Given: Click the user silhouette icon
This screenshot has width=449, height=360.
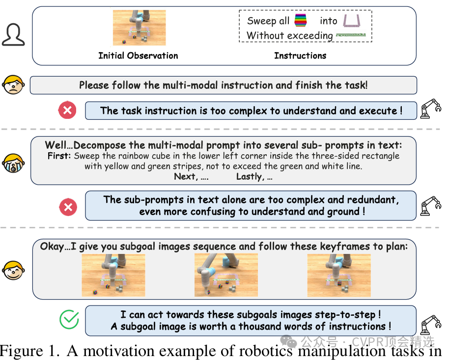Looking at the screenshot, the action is pos(13,35).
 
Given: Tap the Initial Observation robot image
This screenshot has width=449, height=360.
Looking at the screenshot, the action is pos(139,28).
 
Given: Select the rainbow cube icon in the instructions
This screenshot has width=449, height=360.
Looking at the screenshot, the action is pos(300,21).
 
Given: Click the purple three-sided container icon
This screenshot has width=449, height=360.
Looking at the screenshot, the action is pos(352,21).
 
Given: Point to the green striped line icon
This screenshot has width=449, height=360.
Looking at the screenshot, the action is pos(351,35).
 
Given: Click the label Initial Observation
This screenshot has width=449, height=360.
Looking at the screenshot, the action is pos(138,55).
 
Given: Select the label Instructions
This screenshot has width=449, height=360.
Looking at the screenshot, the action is pos(300,55).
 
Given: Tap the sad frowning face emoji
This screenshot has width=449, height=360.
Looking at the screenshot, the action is pos(13,85).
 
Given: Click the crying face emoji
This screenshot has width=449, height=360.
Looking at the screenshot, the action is pos(13,163).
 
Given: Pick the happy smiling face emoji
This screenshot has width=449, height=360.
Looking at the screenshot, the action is pos(13,270).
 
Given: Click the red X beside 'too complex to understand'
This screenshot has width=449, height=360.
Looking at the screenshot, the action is pos(67,110).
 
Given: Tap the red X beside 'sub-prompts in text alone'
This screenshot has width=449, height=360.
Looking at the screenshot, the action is pos(68,207).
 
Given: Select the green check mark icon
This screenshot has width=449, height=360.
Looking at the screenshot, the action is pos(69,319).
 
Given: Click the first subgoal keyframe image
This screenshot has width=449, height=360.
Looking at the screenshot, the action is pos(113,275).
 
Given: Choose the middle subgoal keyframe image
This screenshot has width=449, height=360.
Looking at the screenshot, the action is pos(226,275).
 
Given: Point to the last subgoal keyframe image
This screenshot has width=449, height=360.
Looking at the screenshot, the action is pos(339,275).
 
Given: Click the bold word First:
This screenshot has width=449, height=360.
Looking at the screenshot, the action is pos(59,156).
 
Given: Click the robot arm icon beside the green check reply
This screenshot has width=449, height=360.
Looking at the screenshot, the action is pos(431,325).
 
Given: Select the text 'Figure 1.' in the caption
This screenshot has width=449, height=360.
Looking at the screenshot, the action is pos(29,351).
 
